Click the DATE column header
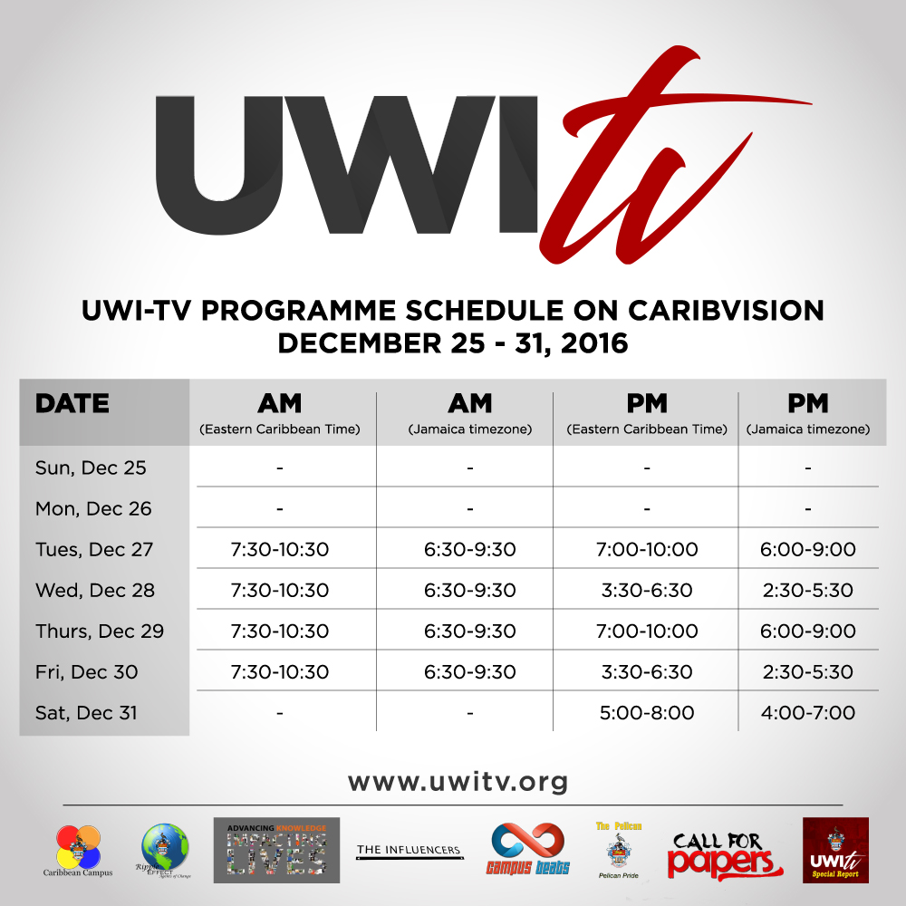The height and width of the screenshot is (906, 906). click(72, 404)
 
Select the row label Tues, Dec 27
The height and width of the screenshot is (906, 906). click(94, 550)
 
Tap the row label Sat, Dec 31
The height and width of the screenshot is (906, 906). click(86, 713)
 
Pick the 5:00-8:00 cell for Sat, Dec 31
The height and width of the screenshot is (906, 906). click(647, 713)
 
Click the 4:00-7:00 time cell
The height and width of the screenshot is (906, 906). click(809, 713)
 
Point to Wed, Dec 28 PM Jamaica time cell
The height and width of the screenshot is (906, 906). click(809, 591)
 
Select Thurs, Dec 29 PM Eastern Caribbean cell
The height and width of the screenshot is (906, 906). click(647, 631)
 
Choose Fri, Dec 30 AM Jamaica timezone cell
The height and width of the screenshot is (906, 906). click(470, 672)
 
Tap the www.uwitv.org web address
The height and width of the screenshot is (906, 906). click(458, 781)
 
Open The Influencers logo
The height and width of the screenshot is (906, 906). click(409, 850)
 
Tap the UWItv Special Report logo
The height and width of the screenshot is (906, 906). click(835, 851)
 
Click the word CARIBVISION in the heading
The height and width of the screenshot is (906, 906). click(715, 310)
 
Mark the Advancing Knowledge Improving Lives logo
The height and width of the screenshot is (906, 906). click(276, 851)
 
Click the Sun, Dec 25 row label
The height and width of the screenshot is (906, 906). click(91, 468)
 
